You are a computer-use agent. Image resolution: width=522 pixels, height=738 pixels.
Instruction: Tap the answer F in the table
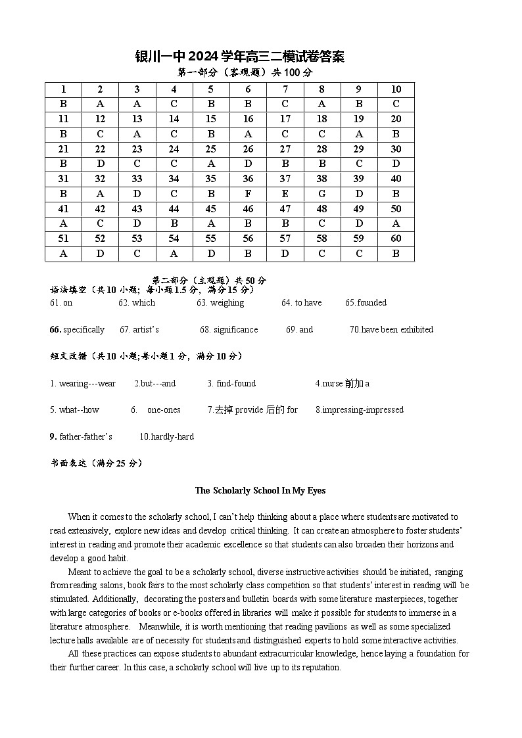pyautogui.click(x=248, y=194)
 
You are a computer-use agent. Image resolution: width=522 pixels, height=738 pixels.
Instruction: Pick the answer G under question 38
pyautogui.click(x=321, y=194)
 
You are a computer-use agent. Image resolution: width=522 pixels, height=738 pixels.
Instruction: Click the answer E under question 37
pyautogui.click(x=285, y=194)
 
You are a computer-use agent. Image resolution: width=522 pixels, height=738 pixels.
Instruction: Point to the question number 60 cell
pyautogui.click(x=396, y=239)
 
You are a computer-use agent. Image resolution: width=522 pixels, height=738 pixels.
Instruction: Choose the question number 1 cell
pyautogui.click(x=63, y=89)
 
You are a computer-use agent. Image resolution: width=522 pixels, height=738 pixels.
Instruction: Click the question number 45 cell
pyautogui.click(x=211, y=209)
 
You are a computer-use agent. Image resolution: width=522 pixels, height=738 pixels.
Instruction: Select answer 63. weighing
pyautogui.click(x=220, y=303)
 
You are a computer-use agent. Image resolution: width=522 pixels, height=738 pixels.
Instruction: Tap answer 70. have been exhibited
pyautogui.click(x=391, y=330)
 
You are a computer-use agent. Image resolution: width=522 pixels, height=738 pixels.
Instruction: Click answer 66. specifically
pyautogui.click(x=77, y=330)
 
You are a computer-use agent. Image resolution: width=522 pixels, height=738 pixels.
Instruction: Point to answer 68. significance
pyautogui.click(x=229, y=330)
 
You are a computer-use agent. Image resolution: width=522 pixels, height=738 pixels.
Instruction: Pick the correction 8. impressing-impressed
pyautogui.click(x=359, y=410)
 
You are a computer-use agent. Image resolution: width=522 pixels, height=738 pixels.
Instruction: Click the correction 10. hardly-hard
pyautogui.click(x=166, y=437)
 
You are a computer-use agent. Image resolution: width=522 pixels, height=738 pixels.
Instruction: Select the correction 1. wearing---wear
pyautogui.click(x=83, y=384)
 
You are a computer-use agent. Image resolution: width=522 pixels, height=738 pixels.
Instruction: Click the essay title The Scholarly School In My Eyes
pyautogui.click(x=260, y=490)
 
